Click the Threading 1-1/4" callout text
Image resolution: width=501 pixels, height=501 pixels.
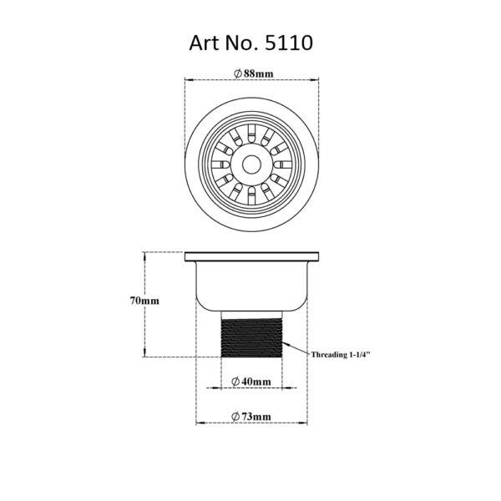point(341,354)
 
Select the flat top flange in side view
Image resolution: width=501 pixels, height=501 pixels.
point(251,254)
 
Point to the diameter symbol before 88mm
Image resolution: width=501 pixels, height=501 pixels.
point(238,74)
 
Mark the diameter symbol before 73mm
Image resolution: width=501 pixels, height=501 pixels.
point(236,416)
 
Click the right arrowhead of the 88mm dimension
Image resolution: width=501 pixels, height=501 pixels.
point(319,80)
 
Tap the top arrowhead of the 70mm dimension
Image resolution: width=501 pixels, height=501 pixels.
point(147,254)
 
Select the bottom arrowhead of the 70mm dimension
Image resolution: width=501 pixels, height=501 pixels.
point(147,355)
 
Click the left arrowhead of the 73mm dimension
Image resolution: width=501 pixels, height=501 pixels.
point(199,422)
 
